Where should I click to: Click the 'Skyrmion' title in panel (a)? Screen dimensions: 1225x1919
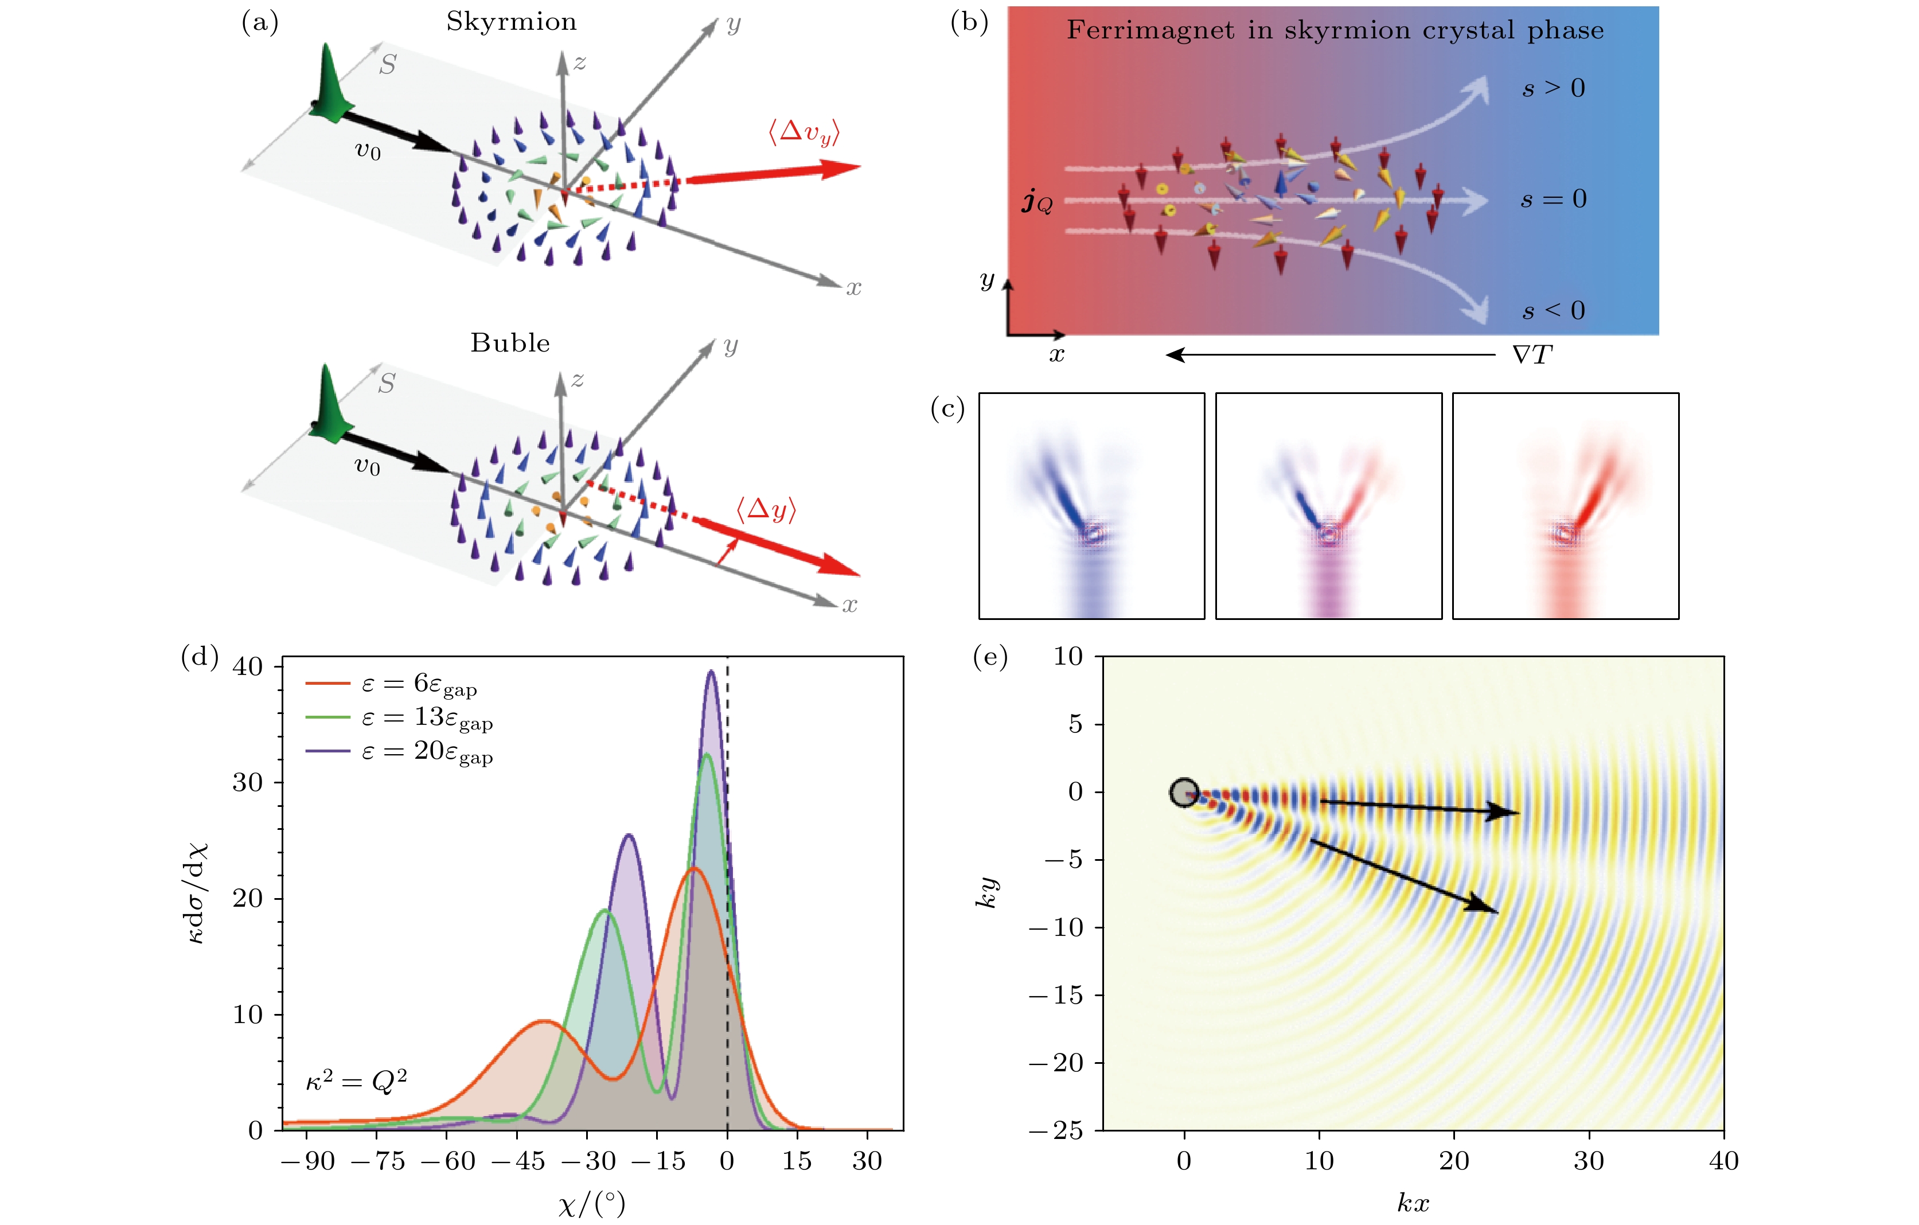(511, 22)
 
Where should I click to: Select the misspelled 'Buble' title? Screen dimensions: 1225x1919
(510, 343)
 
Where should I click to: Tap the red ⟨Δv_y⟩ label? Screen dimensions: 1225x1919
(804, 131)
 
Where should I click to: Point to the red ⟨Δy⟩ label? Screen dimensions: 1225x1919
(766, 509)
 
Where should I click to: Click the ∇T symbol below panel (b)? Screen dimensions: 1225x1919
(1532, 354)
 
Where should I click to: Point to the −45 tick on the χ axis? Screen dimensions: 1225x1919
(518, 1160)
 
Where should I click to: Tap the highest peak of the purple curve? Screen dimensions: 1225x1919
(711, 672)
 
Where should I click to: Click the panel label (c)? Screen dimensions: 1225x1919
(947, 409)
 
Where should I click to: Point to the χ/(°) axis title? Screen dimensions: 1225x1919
(591, 1203)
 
